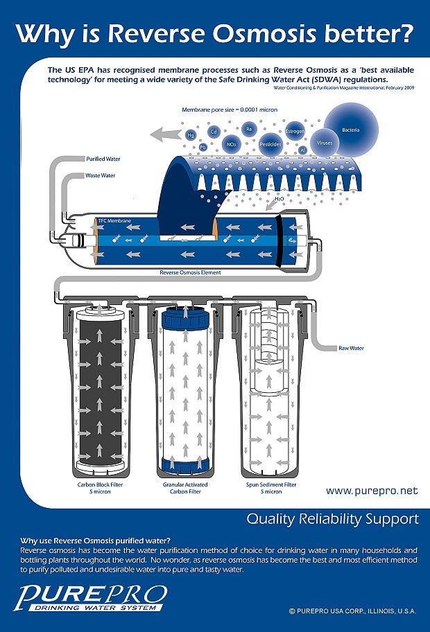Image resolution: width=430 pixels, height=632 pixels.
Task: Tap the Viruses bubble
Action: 325,142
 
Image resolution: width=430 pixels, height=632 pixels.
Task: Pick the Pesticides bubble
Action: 270,144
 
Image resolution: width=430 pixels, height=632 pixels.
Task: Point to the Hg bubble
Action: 191,136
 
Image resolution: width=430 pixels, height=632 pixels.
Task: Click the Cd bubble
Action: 214,131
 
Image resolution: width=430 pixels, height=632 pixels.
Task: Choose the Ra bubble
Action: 248,128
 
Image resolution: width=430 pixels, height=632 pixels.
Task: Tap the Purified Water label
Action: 103,159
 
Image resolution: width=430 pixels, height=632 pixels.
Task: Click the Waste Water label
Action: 100,175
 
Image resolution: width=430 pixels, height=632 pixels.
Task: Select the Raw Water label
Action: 352,348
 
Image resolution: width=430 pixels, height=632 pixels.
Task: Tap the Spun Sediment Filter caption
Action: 271,488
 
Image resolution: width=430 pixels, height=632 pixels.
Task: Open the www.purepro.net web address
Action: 372,491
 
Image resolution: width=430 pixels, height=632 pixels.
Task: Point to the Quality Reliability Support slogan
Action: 333,518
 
